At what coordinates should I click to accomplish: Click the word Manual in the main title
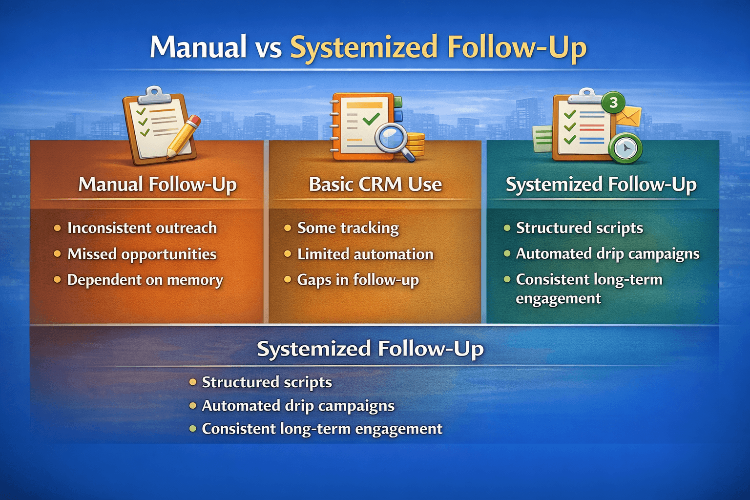click(198, 47)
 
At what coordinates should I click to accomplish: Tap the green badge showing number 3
click(614, 103)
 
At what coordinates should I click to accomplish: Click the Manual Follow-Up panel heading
click(157, 185)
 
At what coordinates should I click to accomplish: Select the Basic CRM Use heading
click(375, 185)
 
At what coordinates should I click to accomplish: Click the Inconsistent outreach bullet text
click(142, 228)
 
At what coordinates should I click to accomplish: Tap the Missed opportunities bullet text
click(142, 254)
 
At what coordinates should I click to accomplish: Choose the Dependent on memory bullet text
click(145, 280)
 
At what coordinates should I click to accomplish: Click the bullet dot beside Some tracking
click(288, 228)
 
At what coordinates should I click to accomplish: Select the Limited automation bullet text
click(365, 254)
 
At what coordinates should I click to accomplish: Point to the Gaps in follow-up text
click(358, 280)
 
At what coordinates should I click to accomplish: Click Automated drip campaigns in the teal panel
click(607, 254)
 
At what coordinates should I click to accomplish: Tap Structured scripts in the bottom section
click(267, 382)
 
